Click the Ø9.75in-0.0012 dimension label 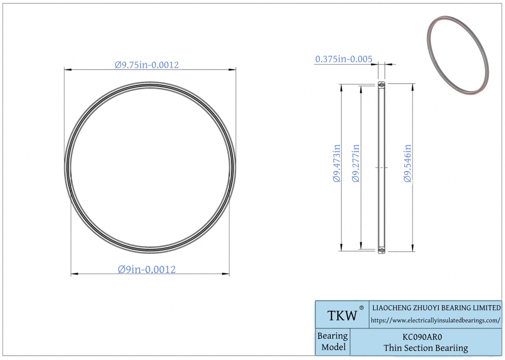[x=147, y=65]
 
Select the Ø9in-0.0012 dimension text [x=147, y=269]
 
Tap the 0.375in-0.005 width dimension [x=344, y=59]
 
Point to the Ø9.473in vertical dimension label [x=337, y=163]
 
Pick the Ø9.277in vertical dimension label [x=356, y=163]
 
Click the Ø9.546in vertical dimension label [x=408, y=163]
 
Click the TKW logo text [x=342, y=316]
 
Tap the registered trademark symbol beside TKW [x=361, y=308]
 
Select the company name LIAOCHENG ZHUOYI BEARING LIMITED [x=436, y=308]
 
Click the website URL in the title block [x=436, y=320]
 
